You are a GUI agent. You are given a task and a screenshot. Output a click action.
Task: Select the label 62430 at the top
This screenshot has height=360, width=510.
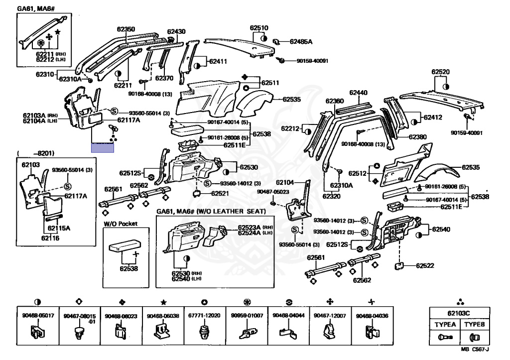[176, 31]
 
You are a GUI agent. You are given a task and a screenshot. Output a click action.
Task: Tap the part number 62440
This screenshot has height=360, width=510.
[358, 93]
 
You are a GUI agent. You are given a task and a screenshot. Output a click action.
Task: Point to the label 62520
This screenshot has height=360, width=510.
[440, 72]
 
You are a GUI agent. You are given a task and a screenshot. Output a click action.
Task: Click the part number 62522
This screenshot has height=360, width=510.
[425, 266]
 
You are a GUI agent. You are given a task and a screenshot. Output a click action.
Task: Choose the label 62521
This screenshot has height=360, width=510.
[220, 193]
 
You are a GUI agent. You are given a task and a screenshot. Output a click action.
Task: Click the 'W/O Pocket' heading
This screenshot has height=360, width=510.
[120, 224]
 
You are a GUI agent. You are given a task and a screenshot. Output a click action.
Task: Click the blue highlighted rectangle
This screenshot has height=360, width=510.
[102, 146]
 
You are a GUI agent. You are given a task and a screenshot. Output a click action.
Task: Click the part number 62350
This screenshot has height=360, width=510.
[126, 29]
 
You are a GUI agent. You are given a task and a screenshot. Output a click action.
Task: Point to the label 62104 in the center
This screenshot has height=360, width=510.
[285, 182]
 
